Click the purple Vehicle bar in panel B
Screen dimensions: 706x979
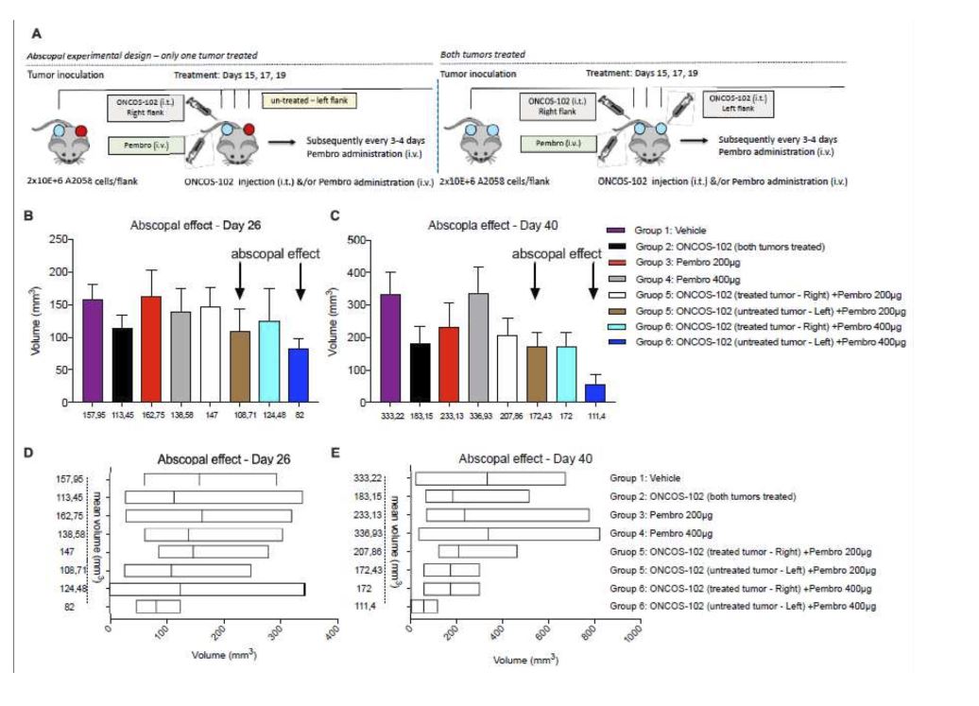coord(93,350)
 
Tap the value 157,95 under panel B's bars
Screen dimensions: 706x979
coord(93,413)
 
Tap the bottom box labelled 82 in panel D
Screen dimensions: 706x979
coord(158,606)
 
